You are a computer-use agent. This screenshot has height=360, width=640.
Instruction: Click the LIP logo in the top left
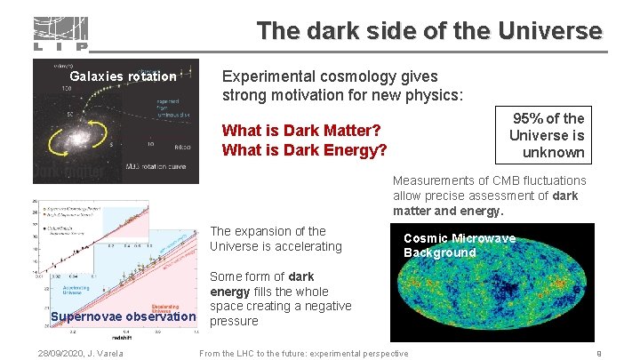[x=60, y=34]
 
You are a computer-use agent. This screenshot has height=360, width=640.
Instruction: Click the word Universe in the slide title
[x=550, y=31]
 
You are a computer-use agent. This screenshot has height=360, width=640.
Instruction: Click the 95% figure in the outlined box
[x=531, y=118]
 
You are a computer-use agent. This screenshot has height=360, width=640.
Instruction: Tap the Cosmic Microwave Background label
[x=459, y=245]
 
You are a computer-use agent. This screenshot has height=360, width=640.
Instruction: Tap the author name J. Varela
[x=106, y=354]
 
